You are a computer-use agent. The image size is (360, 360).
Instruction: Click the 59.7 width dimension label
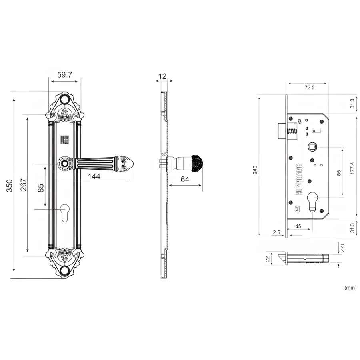64,75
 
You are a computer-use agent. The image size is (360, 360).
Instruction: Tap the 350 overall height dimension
10,186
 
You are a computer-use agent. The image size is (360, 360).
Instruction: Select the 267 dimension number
24,184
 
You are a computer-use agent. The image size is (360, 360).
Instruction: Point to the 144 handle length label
94,176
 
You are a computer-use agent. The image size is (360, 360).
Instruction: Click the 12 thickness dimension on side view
162,76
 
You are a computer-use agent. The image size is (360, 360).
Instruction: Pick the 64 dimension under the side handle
185,179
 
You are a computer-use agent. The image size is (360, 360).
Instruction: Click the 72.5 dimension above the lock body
310,87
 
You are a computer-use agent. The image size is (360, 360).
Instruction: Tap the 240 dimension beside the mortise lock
255,170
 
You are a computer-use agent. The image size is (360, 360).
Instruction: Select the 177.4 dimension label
352,168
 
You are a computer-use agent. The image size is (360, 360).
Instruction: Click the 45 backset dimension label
298,226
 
